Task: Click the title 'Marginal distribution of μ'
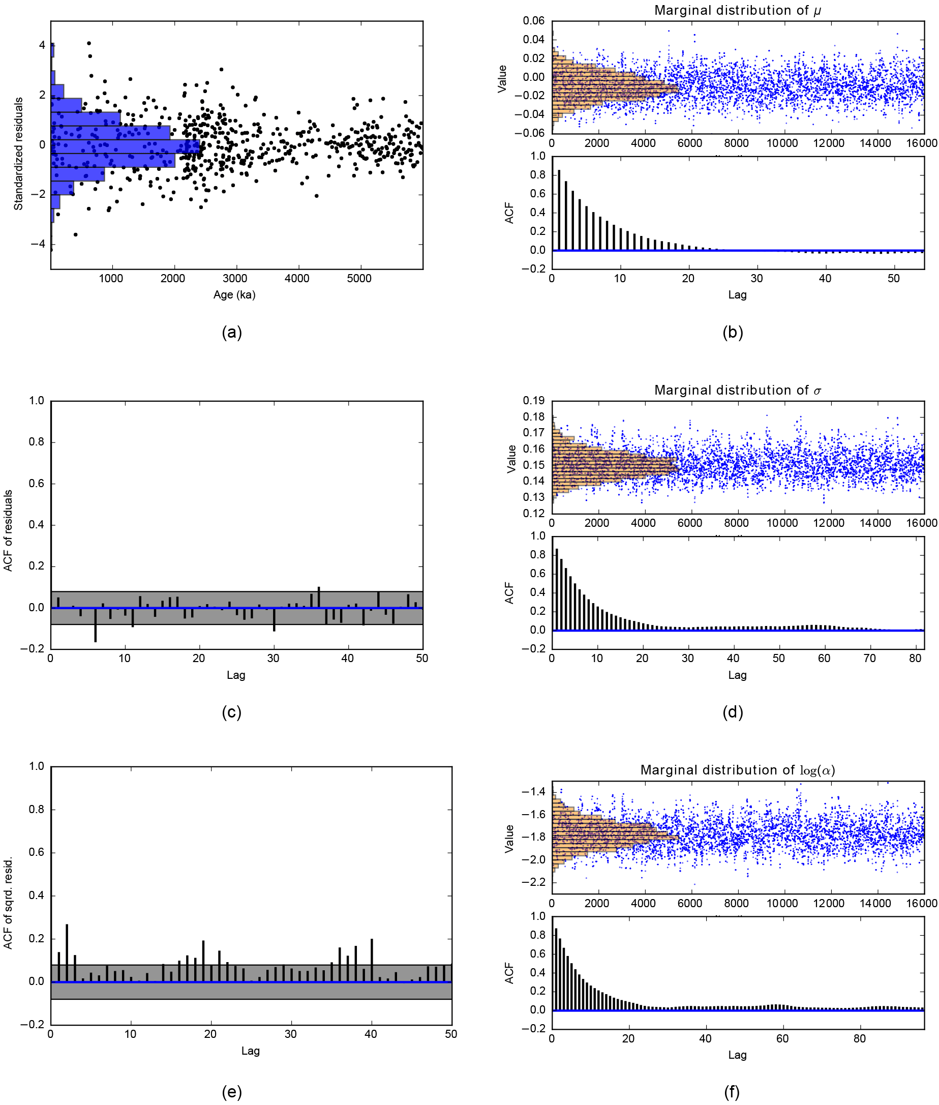coord(737,10)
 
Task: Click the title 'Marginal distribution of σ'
coord(737,390)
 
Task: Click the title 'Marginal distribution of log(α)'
coord(737,769)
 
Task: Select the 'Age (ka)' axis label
coord(234,294)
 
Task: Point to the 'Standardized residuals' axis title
coord(19,154)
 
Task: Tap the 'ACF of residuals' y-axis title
coord(8,531)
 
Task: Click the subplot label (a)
coord(231,333)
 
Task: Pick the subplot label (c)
coord(231,712)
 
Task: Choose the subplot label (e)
coord(231,1092)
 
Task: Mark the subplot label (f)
coord(732,1092)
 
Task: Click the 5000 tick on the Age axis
coord(359,279)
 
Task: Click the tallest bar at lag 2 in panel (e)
coord(67,952)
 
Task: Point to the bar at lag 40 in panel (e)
coord(372,960)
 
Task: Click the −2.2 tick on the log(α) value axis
coord(533,882)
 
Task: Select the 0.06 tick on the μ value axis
coord(533,21)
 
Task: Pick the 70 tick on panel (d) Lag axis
coord(870,658)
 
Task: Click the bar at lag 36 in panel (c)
coord(319,597)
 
